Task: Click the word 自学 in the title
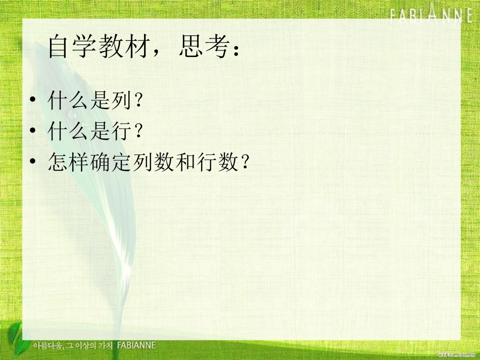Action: click(70, 48)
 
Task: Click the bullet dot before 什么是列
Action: click(33, 101)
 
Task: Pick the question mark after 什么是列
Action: click(135, 101)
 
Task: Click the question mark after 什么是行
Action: click(135, 132)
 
